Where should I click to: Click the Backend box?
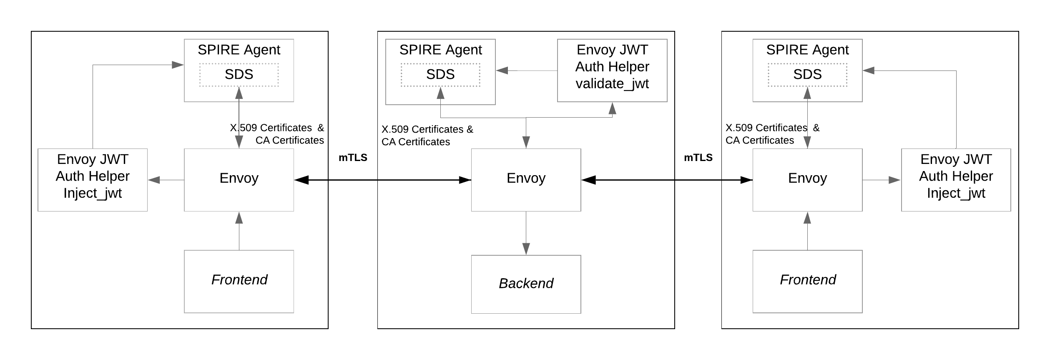pos(526,284)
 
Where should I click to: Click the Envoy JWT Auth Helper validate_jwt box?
pos(612,70)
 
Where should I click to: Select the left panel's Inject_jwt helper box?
pos(93,180)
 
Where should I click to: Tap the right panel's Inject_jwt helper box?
pos(956,180)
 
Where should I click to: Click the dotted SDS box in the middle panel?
pos(440,75)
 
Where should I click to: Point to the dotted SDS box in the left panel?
pos(239,75)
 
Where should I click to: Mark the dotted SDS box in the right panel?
pos(807,75)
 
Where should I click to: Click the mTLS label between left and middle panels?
pos(353,158)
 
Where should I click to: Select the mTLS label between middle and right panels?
pos(698,158)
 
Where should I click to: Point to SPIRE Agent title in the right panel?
pos(807,50)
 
